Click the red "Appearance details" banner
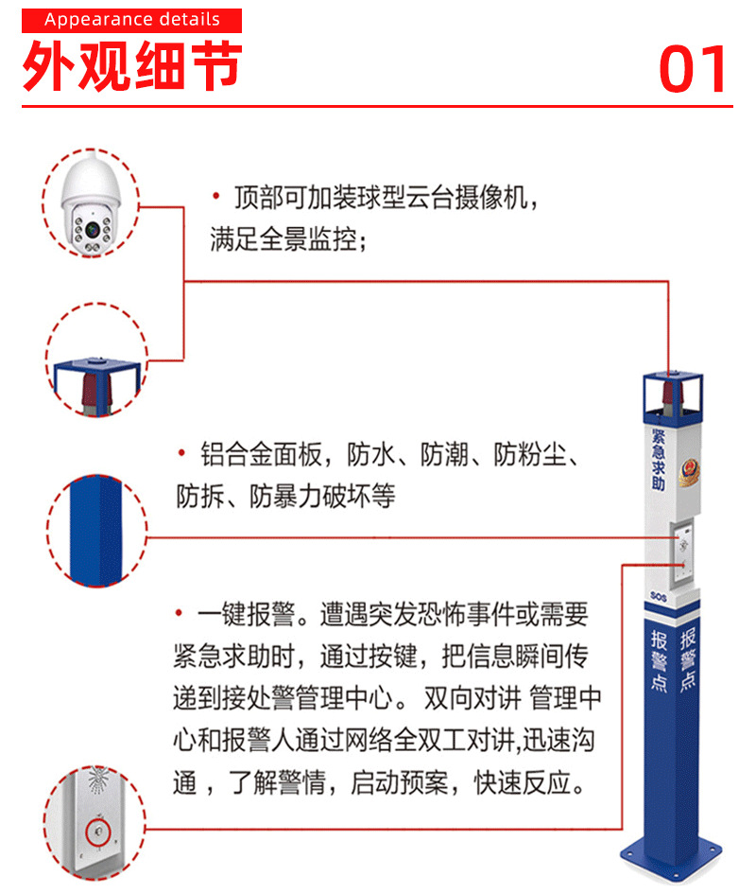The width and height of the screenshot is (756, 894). point(131,20)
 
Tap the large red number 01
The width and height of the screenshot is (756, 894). point(695,68)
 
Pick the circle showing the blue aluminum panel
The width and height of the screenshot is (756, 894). point(95,531)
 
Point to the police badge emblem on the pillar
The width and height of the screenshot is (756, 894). point(688,469)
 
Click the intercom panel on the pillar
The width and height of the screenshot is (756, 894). point(683,549)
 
